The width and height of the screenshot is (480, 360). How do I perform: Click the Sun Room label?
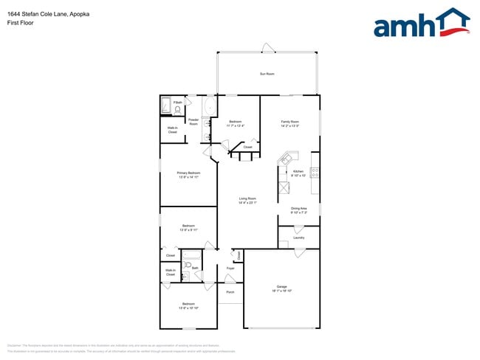click(x=267, y=74)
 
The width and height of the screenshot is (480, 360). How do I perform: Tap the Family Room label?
click(x=289, y=123)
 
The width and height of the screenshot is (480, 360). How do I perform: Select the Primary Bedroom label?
click(x=188, y=175)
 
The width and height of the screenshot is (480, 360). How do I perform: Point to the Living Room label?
click(x=247, y=200)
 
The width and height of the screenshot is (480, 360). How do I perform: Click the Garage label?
click(x=281, y=288)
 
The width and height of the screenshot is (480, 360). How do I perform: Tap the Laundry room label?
click(x=298, y=238)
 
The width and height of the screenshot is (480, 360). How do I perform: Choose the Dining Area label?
click(x=298, y=210)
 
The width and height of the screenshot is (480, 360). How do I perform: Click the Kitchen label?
click(x=298, y=173)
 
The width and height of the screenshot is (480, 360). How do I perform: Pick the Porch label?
click(x=230, y=293)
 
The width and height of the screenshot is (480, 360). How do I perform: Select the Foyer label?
click(x=230, y=269)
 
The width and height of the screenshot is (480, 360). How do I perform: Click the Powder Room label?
click(x=193, y=122)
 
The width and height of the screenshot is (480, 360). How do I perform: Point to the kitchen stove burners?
click(x=315, y=173)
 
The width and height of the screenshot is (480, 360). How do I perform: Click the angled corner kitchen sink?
click(x=287, y=159)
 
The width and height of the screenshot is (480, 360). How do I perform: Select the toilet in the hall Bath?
click(x=188, y=264)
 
